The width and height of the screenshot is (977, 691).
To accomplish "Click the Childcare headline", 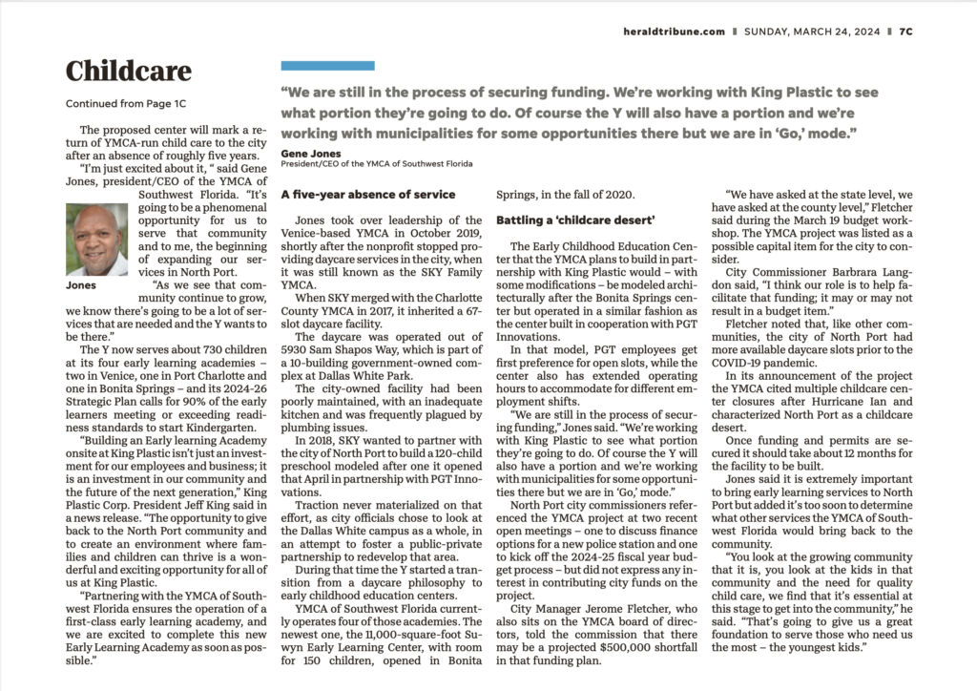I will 128,72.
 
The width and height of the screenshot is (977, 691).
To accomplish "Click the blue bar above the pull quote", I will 326,66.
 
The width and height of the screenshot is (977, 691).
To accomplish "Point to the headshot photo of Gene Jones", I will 96,241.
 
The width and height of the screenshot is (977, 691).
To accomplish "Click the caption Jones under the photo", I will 81,284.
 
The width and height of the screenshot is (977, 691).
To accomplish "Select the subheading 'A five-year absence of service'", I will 367,195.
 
